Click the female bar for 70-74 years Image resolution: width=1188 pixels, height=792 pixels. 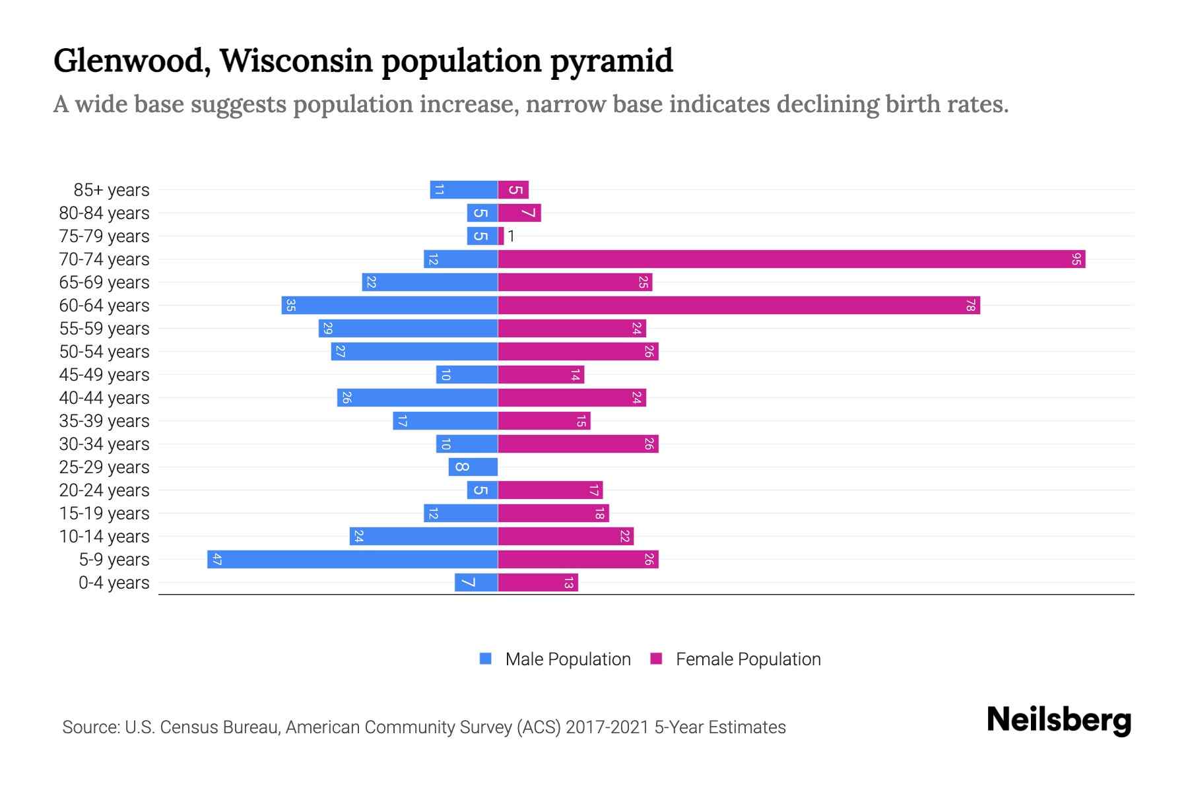click(791, 259)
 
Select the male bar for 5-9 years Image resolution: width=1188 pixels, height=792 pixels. click(352, 560)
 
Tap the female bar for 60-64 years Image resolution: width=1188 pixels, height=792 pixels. click(738, 306)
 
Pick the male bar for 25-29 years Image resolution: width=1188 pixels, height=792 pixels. click(473, 467)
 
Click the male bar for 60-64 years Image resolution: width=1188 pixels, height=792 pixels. click(389, 306)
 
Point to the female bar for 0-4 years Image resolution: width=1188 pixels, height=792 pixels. click(537, 583)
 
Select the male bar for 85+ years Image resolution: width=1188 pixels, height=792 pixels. click(463, 190)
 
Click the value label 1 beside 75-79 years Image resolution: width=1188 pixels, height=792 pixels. click(511, 236)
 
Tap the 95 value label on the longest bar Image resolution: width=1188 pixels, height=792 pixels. click(1076, 259)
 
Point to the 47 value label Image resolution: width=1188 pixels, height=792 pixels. click(216, 560)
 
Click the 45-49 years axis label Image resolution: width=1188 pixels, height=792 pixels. click(104, 375)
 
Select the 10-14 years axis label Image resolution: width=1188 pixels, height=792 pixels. click(104, 537)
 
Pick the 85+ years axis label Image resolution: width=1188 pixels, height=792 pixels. click(112, 190)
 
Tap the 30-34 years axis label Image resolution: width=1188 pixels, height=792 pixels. click(104, 444)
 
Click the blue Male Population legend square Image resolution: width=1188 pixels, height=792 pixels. click(486, 659)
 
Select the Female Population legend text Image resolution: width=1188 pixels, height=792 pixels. click(748, 659)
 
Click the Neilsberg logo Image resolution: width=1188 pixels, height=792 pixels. click(1059, 720)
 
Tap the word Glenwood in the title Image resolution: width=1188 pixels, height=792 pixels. click(132, 61)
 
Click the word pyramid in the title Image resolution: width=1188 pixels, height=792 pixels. click(611, 61)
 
